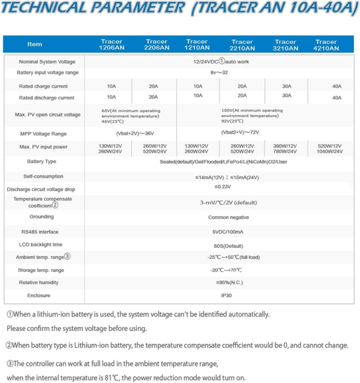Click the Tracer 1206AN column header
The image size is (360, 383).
[111, 45]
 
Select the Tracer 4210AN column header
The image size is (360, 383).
[326, 45]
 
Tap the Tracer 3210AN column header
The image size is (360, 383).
[286, 45]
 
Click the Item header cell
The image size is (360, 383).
[34, 44]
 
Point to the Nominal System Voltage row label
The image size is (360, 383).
[47, 62]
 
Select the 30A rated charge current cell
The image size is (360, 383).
[286, 86]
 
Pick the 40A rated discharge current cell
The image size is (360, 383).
[337, 98]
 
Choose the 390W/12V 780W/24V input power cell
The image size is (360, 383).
[286, 148]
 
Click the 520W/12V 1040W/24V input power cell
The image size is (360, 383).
[330, 148]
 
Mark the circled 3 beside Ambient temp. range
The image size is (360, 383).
[67, 257]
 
